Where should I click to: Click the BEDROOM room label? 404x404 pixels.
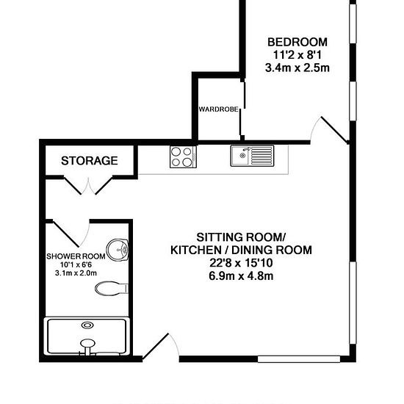[297, 43]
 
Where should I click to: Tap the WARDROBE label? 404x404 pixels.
[218, 109]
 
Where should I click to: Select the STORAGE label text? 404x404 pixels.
[90, 161]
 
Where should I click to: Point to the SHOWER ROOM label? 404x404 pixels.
[76, 256]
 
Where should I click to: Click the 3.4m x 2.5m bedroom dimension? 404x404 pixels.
[297, 68]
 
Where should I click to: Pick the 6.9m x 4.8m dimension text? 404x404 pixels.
[241, 276]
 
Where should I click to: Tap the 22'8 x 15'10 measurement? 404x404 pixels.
[241, 263]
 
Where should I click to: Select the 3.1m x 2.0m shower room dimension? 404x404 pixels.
[76, 273]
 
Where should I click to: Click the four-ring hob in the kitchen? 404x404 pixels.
[183, 156]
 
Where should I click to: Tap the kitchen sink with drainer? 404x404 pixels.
[252, 156]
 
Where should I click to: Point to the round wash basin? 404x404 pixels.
[118, 250]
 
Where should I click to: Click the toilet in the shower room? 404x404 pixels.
[112, 289]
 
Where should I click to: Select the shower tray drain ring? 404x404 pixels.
[87, 325]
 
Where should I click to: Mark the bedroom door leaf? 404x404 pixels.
[334, 129]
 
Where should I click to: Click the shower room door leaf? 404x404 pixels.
[65, 234]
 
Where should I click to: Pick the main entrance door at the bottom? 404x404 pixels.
[156, 346]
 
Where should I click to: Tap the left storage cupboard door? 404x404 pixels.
[73, 186]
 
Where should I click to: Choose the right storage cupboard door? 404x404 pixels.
[104, 186]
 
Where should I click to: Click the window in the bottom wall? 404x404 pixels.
[299, 359]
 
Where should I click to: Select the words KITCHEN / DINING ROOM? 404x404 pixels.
[241, 250]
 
